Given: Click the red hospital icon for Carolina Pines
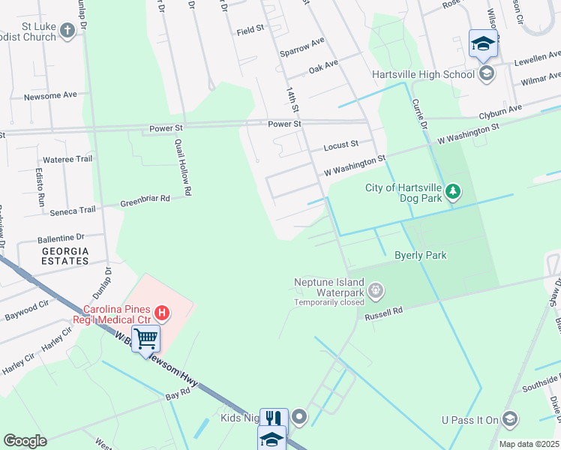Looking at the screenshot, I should (160, 312).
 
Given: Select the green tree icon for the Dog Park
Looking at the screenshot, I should (452, 193).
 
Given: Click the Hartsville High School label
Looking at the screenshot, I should (424, 74).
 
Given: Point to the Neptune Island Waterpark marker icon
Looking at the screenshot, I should (376, 289).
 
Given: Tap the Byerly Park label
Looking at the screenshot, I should (420, 255).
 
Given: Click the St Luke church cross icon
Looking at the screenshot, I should (68, 31).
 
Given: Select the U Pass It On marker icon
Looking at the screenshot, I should (510, 418).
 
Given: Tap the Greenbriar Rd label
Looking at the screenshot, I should (145, 199).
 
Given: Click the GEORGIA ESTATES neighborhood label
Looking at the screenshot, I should (64, 256).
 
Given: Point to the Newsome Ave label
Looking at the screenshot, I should (50, 95).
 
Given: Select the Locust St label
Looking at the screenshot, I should (341, 142).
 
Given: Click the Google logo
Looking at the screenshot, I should (25, 441).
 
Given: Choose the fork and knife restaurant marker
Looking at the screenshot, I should (273, 418).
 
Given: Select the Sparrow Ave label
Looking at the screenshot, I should (301, 47).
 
